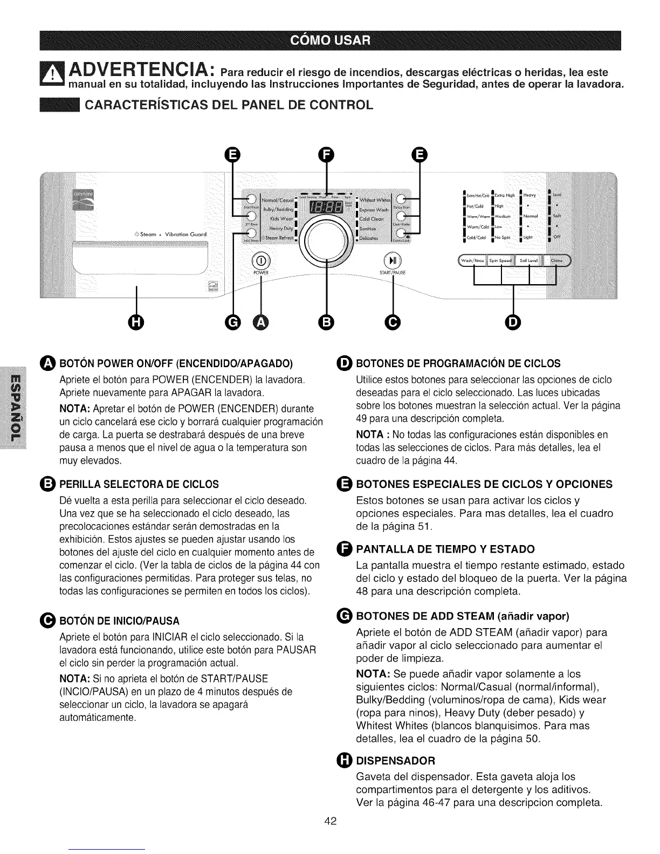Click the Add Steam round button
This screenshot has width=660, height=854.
pyautogui.click(x=251, y=233)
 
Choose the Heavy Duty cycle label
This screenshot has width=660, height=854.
pyautogui.click(x=277, y=229)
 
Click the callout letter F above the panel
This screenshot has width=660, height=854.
pyautogui.click(x=325, y=155)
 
